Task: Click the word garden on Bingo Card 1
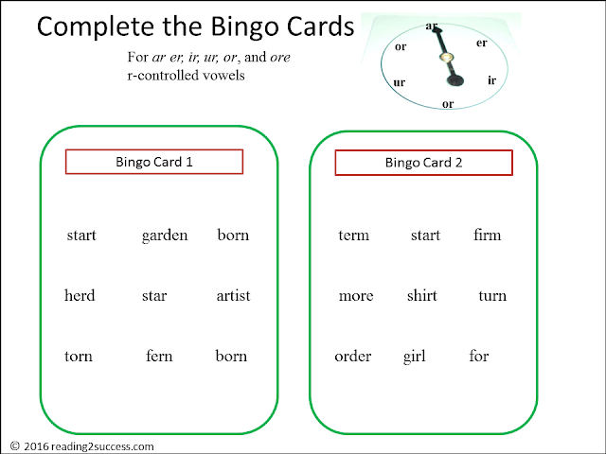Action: [165, 236]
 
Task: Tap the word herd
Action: [80, 295]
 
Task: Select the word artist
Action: [234, 296]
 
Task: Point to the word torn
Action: [79, 356]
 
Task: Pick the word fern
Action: [159, 356]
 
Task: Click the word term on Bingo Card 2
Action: [353, 236]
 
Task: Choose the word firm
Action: [488, 235]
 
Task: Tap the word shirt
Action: [422, 295]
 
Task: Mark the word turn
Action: [492, 296]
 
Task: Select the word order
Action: [353, 356]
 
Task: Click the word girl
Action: [415, 357]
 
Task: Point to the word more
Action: [356, 296]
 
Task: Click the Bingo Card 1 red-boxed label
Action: [154, 162]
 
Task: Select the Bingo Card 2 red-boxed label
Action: [423, 163]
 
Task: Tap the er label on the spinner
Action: [482, 43]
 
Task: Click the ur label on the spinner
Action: [400, 82]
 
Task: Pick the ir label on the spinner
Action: [491, 80]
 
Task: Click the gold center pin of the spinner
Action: [446, 58]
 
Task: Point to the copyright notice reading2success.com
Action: [82, 446]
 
